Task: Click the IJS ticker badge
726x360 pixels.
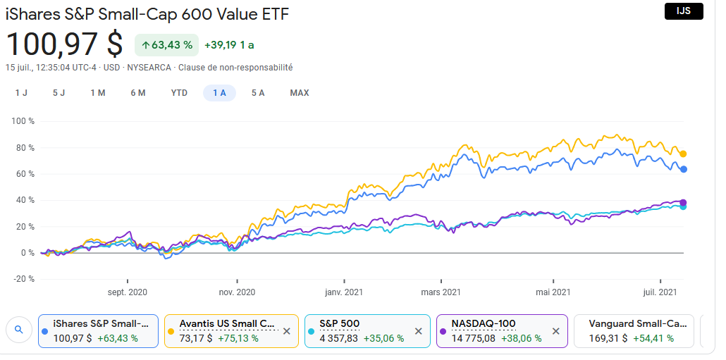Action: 684,11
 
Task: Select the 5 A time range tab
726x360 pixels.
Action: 258,93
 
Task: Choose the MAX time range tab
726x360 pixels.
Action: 300,93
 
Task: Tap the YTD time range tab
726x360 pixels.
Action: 179,93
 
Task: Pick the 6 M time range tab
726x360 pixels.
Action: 138,93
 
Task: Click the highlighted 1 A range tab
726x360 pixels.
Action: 219,93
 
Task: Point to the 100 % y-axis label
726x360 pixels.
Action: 23,121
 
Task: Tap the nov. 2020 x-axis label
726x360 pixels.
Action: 237,292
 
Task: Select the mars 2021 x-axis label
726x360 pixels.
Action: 441,292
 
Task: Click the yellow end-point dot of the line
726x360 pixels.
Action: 683,154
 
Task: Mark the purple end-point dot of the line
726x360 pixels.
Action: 683,203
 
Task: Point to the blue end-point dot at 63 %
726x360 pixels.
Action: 683,169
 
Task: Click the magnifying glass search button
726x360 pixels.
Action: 18,329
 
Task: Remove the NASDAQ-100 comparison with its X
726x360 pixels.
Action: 555,331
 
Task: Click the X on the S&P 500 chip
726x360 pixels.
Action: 418,331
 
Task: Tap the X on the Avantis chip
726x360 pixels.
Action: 286,331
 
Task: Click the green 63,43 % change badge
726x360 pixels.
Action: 167,45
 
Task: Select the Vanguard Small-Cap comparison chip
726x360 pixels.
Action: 634,330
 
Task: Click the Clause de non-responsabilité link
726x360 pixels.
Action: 235,68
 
